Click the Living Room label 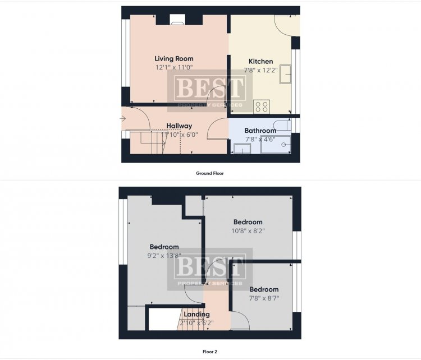click(173, 58)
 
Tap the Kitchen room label click(260, 61)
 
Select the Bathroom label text click(260, 131)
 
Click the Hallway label click(179, 126)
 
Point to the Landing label click(197, 314)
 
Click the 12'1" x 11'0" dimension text click(174, 67)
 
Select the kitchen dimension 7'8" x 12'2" click(260, 70)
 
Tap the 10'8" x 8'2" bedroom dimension click(248, 230)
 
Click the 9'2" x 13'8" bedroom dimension click(164, 256)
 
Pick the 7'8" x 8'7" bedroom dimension click(264, 298)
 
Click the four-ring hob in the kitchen click(262, 106)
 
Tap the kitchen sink click(285, 74)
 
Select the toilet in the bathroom click(282, 125)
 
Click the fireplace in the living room click(177, 19)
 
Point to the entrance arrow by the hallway click(123, 118)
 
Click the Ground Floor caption click(210, 173)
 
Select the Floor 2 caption click(210, 352)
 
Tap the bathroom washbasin click(242, 149)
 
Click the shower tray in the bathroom click(276, 145)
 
